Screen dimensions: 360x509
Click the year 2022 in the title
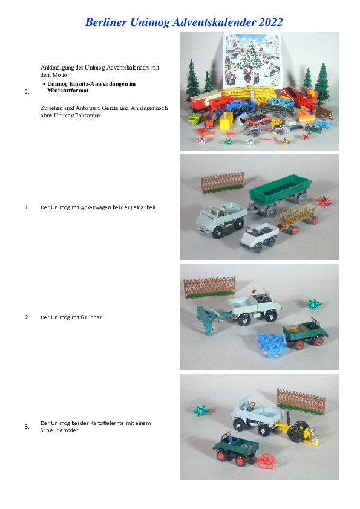click(x=270, y=22)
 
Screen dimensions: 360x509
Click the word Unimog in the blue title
click(x=150, y=22)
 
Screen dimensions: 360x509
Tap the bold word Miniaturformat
click(x=68, y=91)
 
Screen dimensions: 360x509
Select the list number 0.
click(x=27, y=92)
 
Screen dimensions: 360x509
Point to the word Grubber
click(x=91, y=317)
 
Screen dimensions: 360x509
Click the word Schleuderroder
click(x=59, y=430)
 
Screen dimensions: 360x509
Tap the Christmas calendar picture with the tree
click(x=252, y=60)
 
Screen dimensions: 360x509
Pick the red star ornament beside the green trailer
click(x=324, y=201)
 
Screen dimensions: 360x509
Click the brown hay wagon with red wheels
click(x=297, y=219)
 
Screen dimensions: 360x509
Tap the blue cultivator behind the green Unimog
click(x=272, y=343)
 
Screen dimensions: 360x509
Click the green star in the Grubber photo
click(x=314, y=304)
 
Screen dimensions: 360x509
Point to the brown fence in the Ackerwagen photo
click(x=223, y=183)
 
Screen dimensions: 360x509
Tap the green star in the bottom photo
click(x=200, y=410)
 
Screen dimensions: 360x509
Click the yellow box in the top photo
click(x=226, y=121)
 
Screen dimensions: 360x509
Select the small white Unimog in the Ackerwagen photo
click(x=260, y=237)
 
